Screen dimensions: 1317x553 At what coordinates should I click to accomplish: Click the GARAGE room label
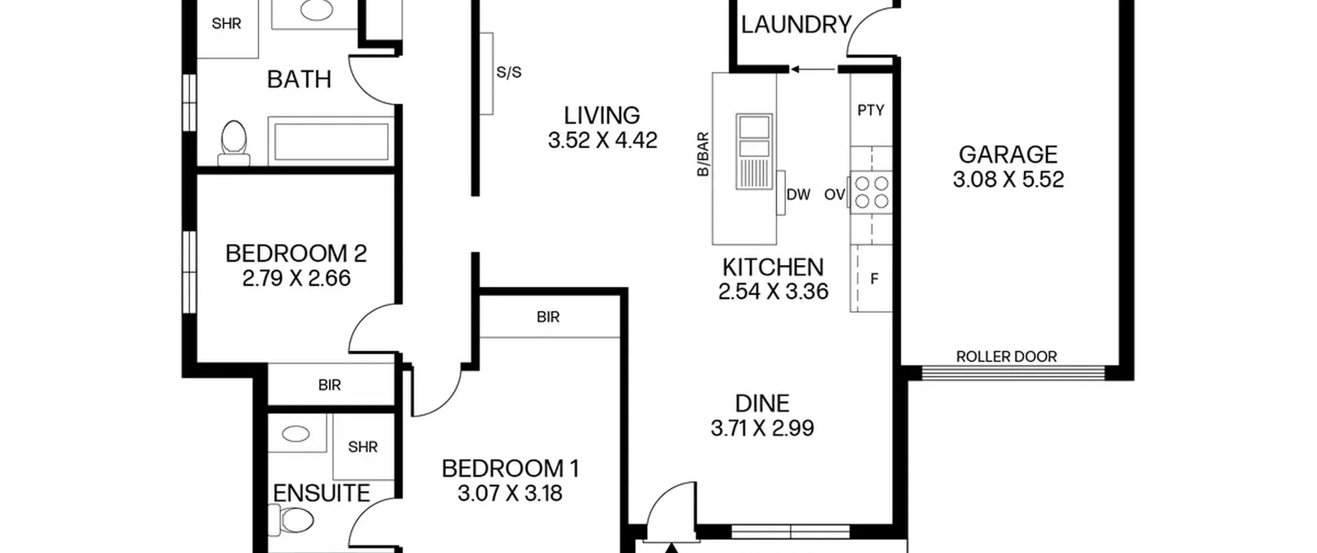pos(1008,154)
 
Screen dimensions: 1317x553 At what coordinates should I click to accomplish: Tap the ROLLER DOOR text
pos(1006,356)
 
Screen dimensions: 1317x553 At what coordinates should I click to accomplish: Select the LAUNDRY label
pos(796,25)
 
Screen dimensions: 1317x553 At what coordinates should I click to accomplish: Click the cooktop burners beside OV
pos(871,192)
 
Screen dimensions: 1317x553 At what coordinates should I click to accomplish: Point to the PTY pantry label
pos(870,110)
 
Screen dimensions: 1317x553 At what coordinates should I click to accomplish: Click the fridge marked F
pos(871,278)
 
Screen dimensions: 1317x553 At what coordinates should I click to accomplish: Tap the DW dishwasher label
pos(798,194)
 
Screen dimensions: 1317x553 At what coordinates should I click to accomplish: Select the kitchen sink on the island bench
pos(754,151)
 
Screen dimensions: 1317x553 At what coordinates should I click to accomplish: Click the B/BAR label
pos(703,154)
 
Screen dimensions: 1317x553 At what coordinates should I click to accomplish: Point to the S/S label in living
pos(509,73)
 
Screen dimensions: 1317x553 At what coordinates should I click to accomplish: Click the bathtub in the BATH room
pos(331,141)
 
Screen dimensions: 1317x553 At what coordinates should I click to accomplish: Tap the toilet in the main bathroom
pos(234,144)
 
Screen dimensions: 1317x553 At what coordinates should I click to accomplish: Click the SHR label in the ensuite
pos(363,447)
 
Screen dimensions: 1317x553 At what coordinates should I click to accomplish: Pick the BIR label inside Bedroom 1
pos(548,317)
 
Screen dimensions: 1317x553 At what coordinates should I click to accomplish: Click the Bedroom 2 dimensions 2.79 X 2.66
pos(296,278)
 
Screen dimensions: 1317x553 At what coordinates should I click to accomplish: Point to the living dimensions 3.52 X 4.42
pos(602,140)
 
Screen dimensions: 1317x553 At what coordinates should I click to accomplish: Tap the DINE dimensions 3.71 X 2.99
pos(762,428)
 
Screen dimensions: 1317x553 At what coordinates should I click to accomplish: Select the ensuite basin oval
pos(296,434)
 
